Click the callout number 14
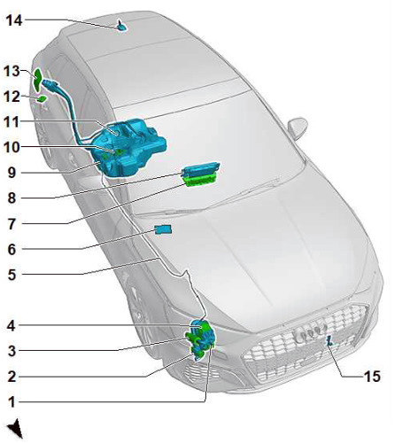tap(14, 20)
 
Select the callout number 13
tap(12, 71)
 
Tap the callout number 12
tap(12, 97)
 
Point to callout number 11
tap(12, 122)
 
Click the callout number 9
tap(12, 173)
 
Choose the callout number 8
tap(12, 198)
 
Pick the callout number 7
tap(12, 224)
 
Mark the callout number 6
tap(12, 250)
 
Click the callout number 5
tap(12, 275)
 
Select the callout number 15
tap(372, 377)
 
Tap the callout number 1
tap(12, 402)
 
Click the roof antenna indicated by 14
tap(121, 27)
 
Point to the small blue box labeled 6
tap(163, 229)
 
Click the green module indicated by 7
tap(201, 181)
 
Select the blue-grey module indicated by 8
tap(200, 170)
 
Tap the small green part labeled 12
tap(42, 99)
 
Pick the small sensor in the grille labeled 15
tap(329, 341)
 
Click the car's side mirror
tap(297, 128)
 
